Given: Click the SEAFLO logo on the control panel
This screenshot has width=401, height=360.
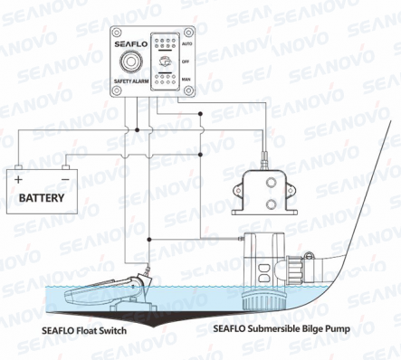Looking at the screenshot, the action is click(x=131, y=44).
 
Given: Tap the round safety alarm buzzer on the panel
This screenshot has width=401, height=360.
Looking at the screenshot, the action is click(x=130, y=62).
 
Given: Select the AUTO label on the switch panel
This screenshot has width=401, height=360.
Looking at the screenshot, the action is click(x=186, y=44).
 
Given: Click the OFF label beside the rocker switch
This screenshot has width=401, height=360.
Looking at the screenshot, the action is click(x=186, y=62).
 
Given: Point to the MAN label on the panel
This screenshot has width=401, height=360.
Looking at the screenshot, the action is click(x=186, y=80).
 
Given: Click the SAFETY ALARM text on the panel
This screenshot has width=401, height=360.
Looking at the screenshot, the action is click(x=131, y=81).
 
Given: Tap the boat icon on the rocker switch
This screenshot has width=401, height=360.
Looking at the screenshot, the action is click(x=165, y=62).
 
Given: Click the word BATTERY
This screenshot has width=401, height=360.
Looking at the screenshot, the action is click(x=42, y=198).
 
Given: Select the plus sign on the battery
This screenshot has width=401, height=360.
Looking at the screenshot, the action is click(x=19, y=180).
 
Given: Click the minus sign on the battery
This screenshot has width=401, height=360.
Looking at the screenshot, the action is click(x=65, y=179).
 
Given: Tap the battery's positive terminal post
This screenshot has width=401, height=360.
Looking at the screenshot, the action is click(x=19, y=167).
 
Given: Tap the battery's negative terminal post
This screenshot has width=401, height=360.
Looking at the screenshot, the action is click(x=65, y=167).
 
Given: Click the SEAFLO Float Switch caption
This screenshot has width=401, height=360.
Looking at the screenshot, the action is click(x=84, y=331).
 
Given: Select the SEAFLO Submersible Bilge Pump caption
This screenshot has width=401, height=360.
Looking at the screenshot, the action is click(x=282, y=328).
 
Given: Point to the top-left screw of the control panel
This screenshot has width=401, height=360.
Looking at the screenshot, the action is click(x=117, y=33).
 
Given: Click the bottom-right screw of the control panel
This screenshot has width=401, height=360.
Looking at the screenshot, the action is click(x=188, y=90).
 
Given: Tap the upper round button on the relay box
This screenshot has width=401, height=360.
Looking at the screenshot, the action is click(x=271, y=183).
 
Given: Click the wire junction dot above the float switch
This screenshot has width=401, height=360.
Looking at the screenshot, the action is click(x=148, y=240).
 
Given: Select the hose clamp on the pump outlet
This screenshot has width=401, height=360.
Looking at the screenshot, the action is click(x=307, y=267).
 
